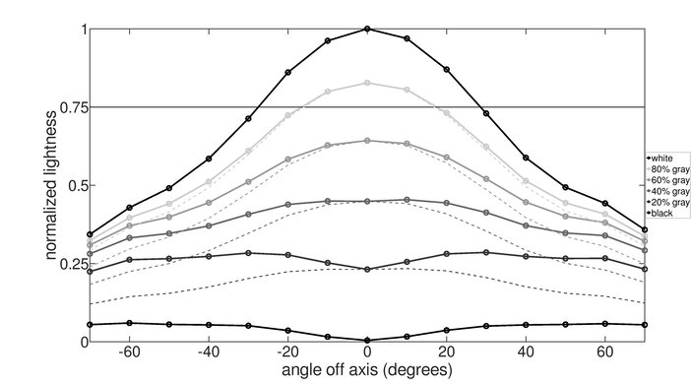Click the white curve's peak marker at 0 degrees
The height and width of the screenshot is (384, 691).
point(367,30)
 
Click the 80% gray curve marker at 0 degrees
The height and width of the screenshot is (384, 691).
point(367,83)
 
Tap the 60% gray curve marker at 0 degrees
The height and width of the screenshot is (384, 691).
point(367,141)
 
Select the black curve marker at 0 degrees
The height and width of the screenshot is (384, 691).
point(367,340)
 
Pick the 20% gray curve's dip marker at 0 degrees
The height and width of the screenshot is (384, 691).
point(367,269)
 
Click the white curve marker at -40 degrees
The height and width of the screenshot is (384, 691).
point(209,158)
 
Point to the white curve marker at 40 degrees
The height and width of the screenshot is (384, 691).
point(526,158)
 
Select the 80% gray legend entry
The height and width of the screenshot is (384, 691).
point(666,169)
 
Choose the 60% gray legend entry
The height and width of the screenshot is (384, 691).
point(666,180)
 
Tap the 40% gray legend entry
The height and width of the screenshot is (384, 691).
point(666,191)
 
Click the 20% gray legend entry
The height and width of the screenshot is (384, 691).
point(666,202)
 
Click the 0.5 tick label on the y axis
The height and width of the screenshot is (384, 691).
point(72,185)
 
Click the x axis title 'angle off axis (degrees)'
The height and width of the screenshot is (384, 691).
point(366,370)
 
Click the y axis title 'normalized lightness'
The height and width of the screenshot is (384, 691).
point(47,184)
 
